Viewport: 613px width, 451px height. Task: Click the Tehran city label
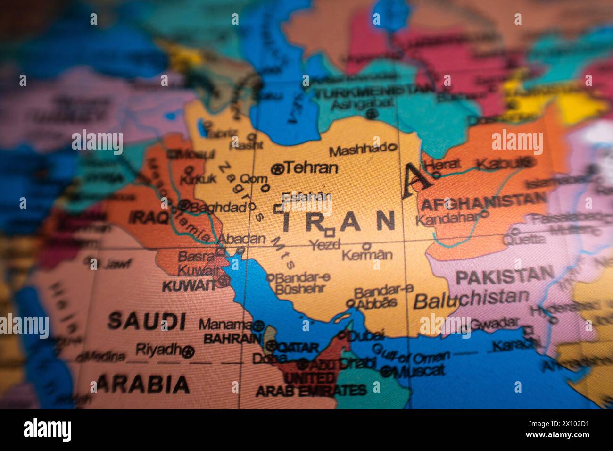312,167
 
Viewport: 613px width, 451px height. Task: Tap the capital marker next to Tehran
277,168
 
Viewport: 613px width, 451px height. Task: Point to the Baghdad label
218,207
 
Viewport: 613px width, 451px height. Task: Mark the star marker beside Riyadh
189,351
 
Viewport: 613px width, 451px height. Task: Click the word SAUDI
146,321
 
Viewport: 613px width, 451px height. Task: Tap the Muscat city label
419,371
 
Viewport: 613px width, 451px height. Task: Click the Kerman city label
367,255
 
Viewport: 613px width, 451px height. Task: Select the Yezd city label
325,244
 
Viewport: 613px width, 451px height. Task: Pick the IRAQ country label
149,217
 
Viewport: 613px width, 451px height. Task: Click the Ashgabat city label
361,102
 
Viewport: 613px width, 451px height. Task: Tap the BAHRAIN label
232,338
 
